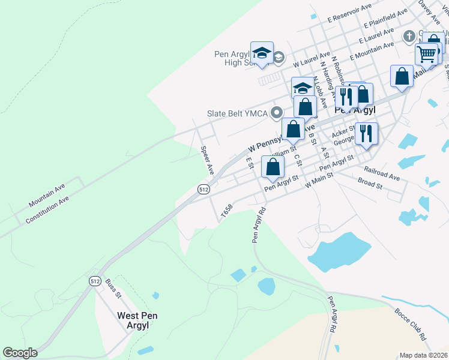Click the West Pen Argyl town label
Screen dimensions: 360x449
137,320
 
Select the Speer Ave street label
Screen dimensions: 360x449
207,160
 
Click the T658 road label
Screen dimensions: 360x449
226,211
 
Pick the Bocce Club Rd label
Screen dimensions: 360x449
410,325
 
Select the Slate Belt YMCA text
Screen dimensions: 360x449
238,112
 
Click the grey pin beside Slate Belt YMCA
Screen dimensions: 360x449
277,112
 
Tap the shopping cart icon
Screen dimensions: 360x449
427,54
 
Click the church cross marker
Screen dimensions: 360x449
409,36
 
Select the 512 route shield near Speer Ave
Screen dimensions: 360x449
203,189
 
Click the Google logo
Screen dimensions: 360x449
20,352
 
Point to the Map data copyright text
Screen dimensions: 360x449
423,355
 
